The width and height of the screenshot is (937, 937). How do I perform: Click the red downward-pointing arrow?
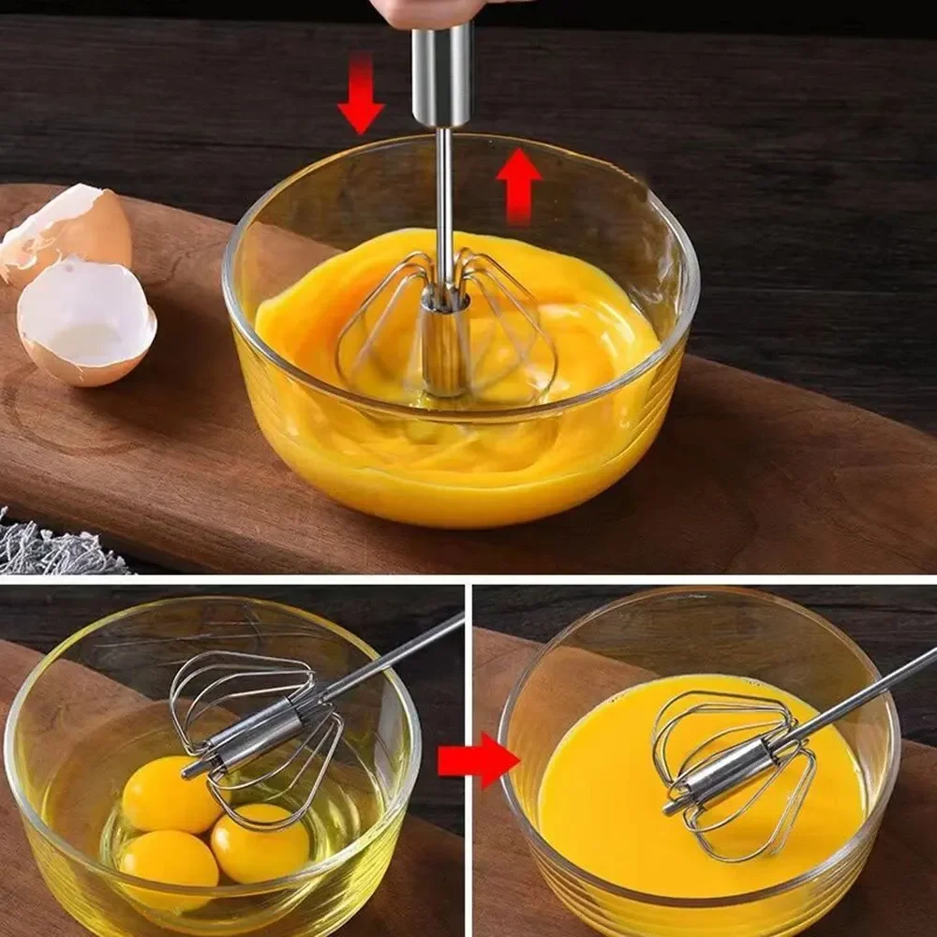coord(361,98)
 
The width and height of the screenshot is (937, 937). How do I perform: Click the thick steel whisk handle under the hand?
coord(443,75)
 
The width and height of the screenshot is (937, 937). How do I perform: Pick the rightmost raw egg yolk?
coord(260,843)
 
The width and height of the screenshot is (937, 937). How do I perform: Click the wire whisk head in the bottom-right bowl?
coord(731,768)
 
